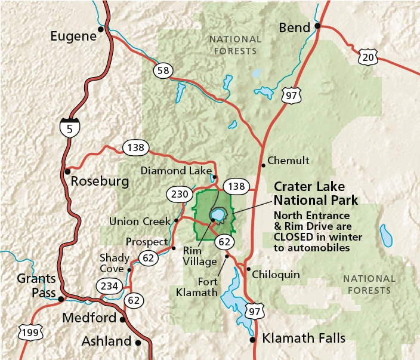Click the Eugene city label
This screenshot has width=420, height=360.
point(73,36)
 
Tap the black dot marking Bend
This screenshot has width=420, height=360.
point(318,26)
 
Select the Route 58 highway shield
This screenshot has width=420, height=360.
point(162,71)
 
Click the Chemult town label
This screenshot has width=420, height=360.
point(288,160)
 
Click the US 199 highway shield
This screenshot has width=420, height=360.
point(28,331)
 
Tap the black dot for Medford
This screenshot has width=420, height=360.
point(123,319)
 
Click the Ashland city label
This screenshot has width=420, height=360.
point(106,341)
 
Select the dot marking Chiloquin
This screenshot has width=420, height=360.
point(248,269)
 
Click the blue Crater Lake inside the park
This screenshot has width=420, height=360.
point(217,214)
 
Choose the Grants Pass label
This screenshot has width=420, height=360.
point(36,285)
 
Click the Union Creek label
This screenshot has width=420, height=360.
point(140,221)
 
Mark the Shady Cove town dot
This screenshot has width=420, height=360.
point(129,270)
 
